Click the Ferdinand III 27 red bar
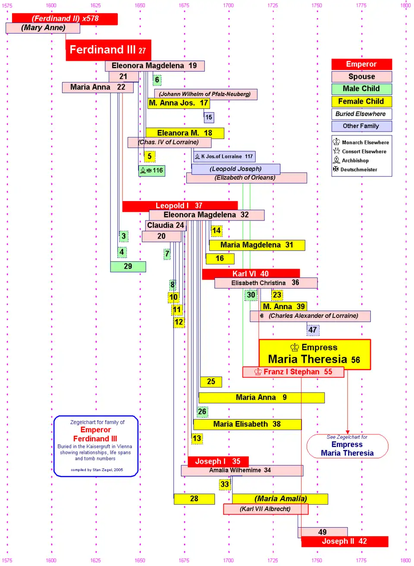pyautogui.click(x=108, y=50)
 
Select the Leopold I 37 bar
pyautogui.click(x=179, y=206)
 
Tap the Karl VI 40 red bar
pyautogui.click(x=251, y=274)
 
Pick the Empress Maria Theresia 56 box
pyautogui.click(x=314, y=354)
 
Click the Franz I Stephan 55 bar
pyautogui.click(x=293, y=372)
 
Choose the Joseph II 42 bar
pyautogui.click(x=345, y=541)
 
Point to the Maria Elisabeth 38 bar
pyautogui.click(x=247, y=424)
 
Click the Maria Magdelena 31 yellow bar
pyautogui.click(x=257, y=245)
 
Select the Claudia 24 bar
pyautogui.click(x=166, y=226)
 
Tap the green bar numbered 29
pyautogui.click(x=128, y=267)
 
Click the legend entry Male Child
pyautogui.click(x=361, y=89)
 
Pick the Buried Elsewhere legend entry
pyautogui.click(x=361, y=114)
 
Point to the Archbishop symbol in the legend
pyautogui.click(x=336, y=160)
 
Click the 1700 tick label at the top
pyautogui.click(x=228, y=6)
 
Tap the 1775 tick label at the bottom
pyautogui.click(x=361, y=560)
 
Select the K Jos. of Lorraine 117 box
pyautogui.click(x=225, y=157)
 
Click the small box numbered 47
pyautogui.click(x=313, y=330)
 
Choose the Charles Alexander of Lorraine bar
pyautogui.click(x=310, y=316)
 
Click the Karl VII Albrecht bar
pyautogui.click(x=266, y=509)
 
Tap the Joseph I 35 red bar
pyautogui.click(x=218, y=462)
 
